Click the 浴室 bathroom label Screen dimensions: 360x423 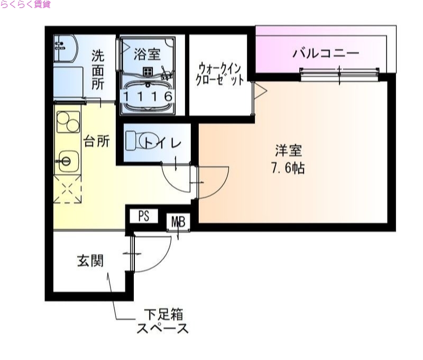(147, 53)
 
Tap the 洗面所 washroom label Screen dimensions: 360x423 (98, 70)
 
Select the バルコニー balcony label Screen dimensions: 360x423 (326, 53)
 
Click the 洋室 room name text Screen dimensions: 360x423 (288, 151)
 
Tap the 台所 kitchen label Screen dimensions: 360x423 (97, 142)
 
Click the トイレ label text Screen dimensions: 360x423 (163, 142)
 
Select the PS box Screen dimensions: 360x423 (144, 216)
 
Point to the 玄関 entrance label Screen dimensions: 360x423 (90, 261)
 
